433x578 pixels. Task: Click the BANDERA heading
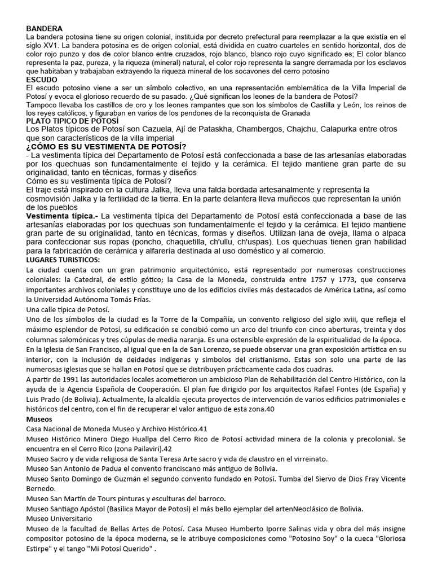[45, 28]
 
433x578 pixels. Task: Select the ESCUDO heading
[42, 80]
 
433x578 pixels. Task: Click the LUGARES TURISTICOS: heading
[63, 259]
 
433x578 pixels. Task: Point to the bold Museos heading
[39, 420]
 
